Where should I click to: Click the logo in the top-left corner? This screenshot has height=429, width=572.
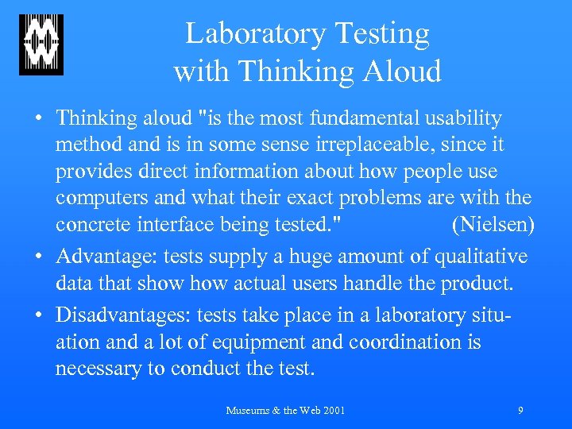coord(41,45)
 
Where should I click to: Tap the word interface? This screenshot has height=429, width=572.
coord(176,224)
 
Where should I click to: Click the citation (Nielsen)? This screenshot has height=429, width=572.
coord(493,224)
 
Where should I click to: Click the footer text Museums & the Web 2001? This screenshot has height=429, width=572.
coord(285,411)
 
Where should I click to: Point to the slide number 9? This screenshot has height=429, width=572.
coord(520,411)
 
